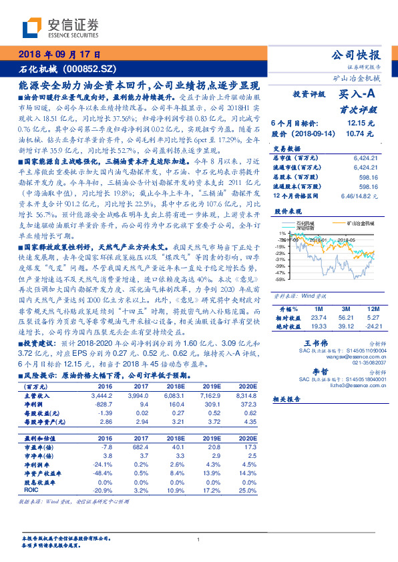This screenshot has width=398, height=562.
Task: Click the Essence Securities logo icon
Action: pyautogui.click(x=33, y=27)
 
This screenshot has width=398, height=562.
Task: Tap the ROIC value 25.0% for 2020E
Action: pyautogui.click(x=246, y=490)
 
